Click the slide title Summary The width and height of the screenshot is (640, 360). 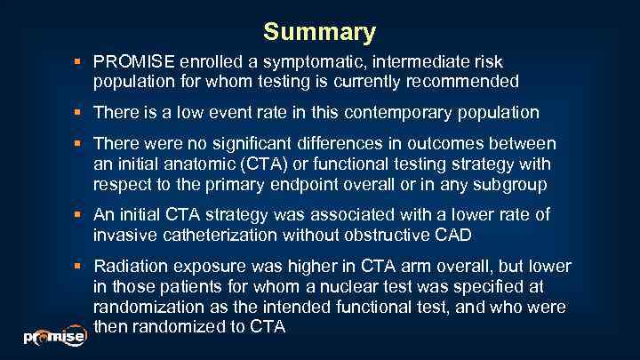[319, 33]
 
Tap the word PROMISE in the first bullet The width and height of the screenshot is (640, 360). [134, 61]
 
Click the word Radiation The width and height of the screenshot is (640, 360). [128, 266]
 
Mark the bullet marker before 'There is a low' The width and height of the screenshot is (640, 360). [80, 113]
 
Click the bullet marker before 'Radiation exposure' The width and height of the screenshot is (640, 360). [80, 267]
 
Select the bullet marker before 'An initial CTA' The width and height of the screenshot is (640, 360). [80, 215]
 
